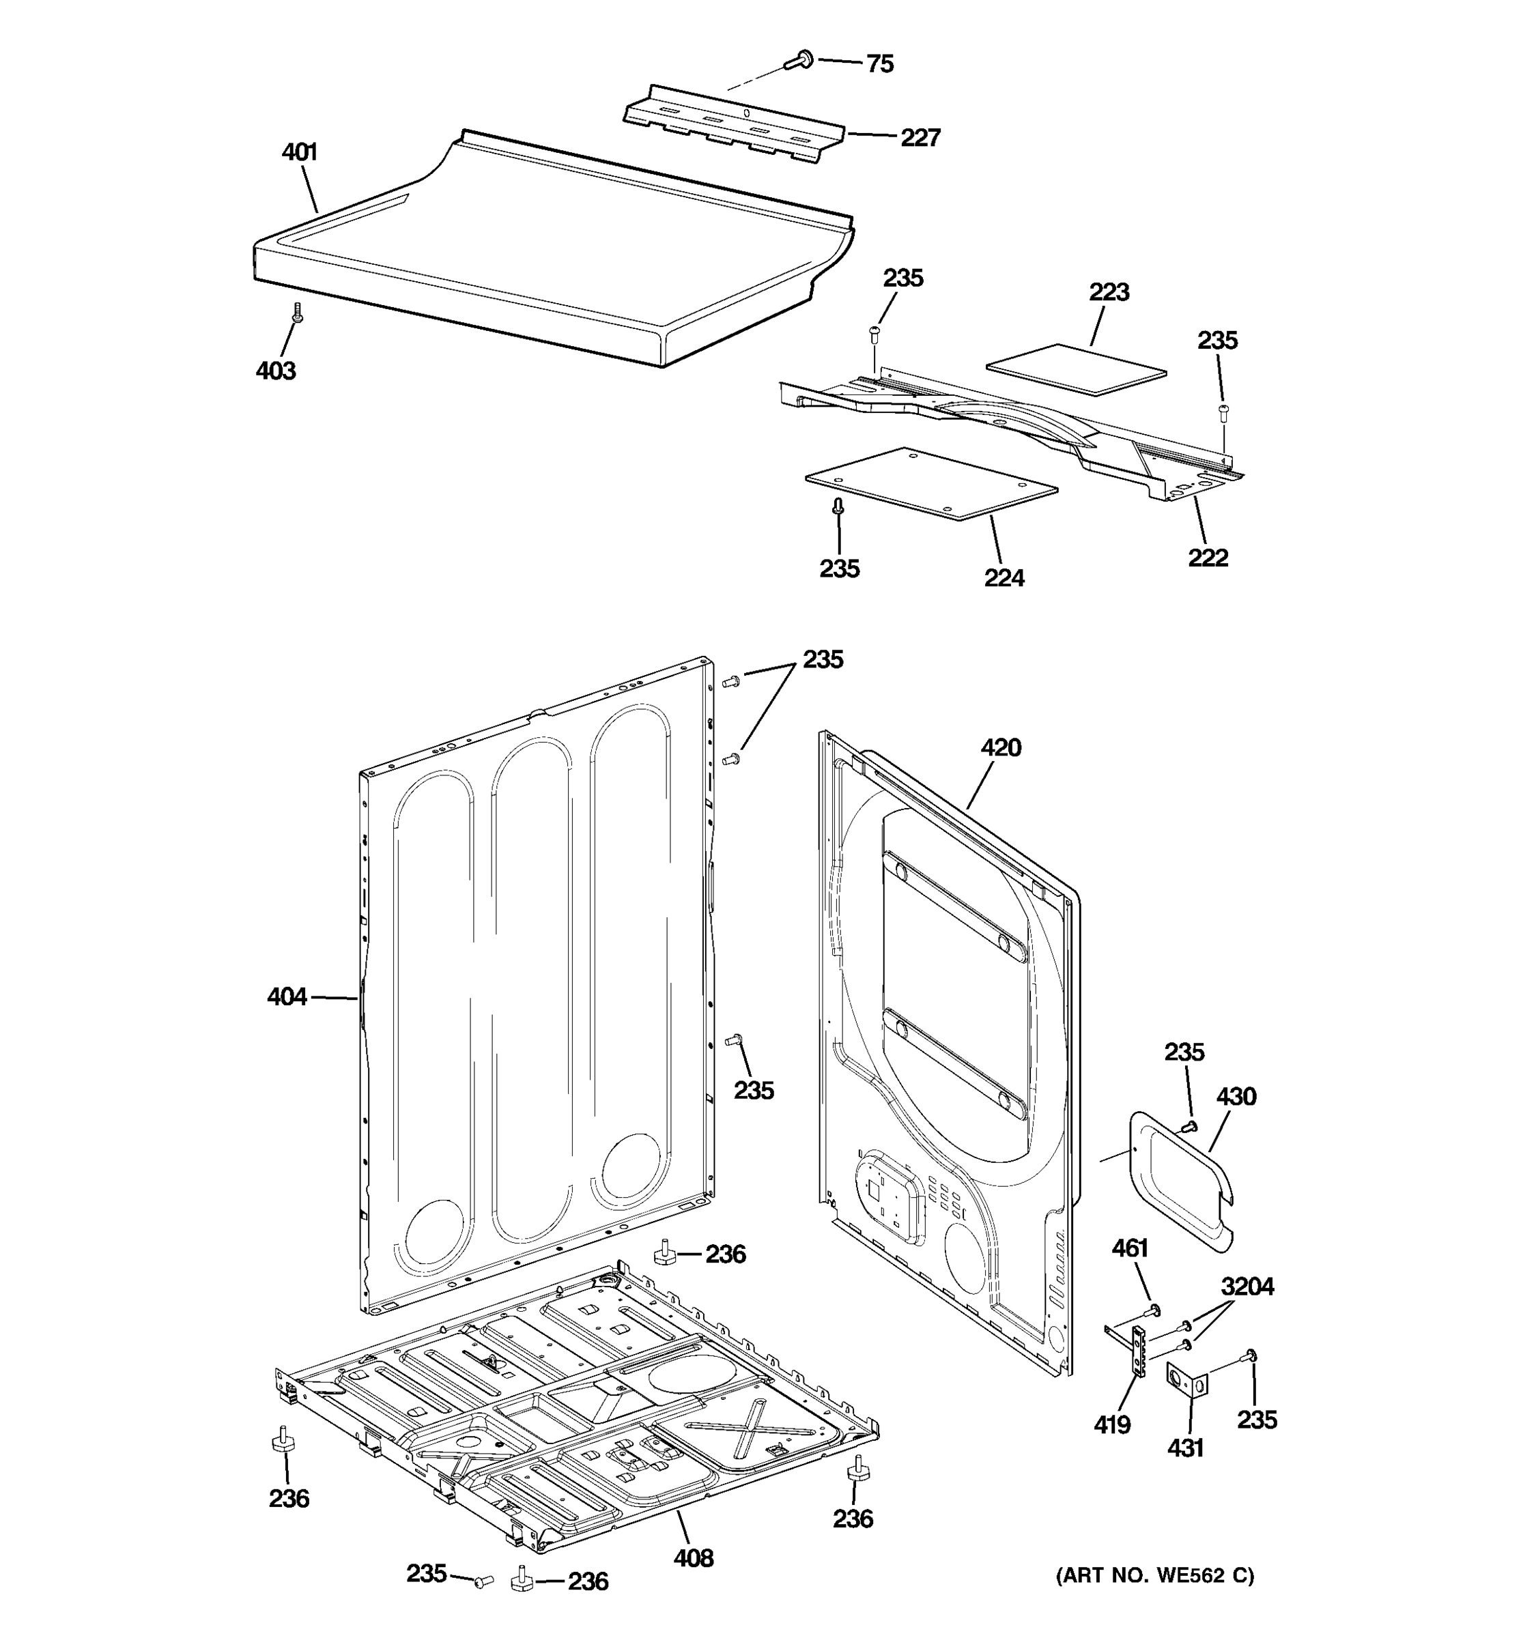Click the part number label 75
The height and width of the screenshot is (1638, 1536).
point(879,64)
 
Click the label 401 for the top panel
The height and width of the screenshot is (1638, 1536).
point(299,152)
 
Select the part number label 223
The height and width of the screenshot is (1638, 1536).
point(1109,293)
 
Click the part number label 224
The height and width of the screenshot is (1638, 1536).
point(1004,578)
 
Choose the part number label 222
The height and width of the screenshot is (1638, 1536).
point(1207,558)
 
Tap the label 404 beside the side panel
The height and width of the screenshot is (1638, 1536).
point(287,997)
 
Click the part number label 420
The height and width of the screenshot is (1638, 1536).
point(1000,748)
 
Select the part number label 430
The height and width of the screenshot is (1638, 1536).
point(1236,1097)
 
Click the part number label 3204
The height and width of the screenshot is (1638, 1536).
point(1247,1287)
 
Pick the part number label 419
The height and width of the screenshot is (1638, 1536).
point(1111,1424)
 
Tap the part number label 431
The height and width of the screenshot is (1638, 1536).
point(1185,1448)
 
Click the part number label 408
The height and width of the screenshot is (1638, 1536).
point(693,1558)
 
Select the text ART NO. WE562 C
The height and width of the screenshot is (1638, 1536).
point(1154,1576)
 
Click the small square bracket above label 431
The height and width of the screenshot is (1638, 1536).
point(1186,1379)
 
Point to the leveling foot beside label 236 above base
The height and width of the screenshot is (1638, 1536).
point(664,1254)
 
